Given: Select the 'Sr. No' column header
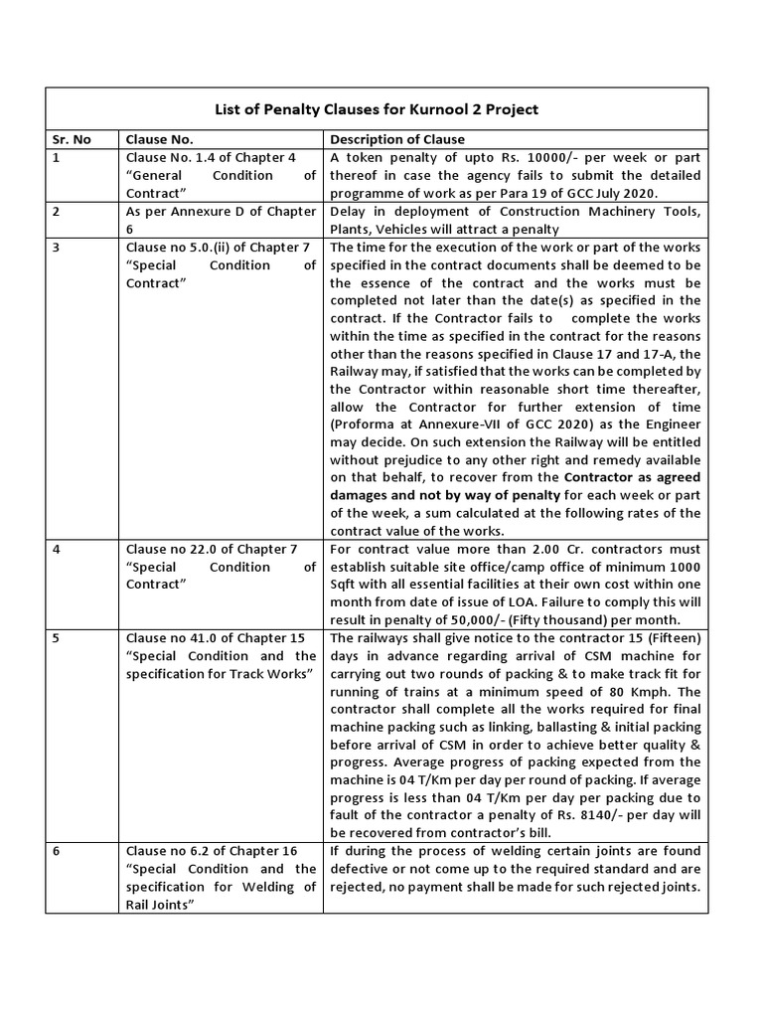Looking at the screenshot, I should [x=71, y=139].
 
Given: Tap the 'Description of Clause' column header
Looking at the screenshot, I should [x=396, y=139].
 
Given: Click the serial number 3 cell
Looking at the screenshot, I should [x=57, y=247].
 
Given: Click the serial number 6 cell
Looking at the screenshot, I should [x=57, y=851].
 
